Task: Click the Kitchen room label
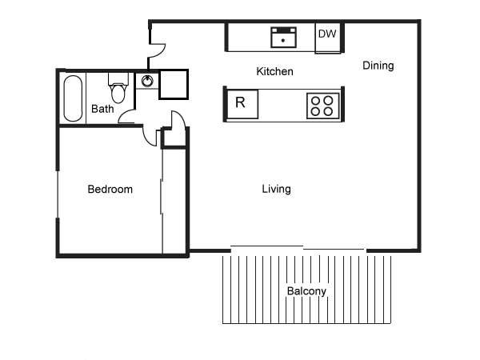[274, 71]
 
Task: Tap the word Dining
[378, 66]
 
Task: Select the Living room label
[276, 189]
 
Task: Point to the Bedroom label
[110, 189]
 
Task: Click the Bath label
[102, 109]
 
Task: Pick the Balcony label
[306, 291]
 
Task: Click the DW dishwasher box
[328, 38]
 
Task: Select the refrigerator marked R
[242, 104]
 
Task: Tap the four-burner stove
[322, 106]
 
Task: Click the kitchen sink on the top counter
[283, 38]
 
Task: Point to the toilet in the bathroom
[118, 88]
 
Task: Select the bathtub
[73, 98]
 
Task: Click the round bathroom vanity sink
[147, 81]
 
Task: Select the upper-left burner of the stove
[315, 101]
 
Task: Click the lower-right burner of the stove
[329, 111]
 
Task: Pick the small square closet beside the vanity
[174, 85]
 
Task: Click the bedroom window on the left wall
[58, 194]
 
